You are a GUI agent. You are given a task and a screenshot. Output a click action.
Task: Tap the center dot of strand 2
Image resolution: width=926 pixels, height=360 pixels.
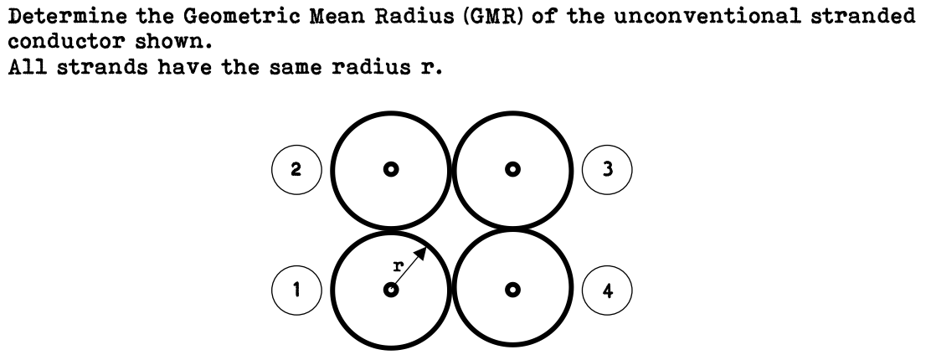(x=390, y=169)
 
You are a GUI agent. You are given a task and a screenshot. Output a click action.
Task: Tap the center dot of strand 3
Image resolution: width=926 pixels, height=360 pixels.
(x=512, y=169)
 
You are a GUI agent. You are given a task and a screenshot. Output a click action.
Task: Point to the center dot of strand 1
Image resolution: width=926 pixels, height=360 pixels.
(x=390, y=290)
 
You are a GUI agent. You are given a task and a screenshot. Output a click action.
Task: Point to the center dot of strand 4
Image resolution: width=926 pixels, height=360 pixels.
(x=512, y=290)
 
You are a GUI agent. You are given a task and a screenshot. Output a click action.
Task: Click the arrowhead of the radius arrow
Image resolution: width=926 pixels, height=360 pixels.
(x=420, y=254)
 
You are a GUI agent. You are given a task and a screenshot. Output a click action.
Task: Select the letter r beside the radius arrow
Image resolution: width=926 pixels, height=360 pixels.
(x=399, y=265)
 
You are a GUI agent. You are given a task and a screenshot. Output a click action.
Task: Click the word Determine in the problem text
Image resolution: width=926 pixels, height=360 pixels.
(x=67, y=16)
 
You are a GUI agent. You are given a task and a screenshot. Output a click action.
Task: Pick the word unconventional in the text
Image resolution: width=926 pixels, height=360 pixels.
(x=707, y=16)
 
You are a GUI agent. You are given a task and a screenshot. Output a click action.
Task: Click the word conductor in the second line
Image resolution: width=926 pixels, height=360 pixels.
(x=66, y=42)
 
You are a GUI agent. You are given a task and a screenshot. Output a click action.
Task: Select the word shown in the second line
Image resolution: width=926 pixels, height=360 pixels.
(x=172, y=42)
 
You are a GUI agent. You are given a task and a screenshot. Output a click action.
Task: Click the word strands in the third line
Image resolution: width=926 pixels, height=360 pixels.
(x=102, y=68)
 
